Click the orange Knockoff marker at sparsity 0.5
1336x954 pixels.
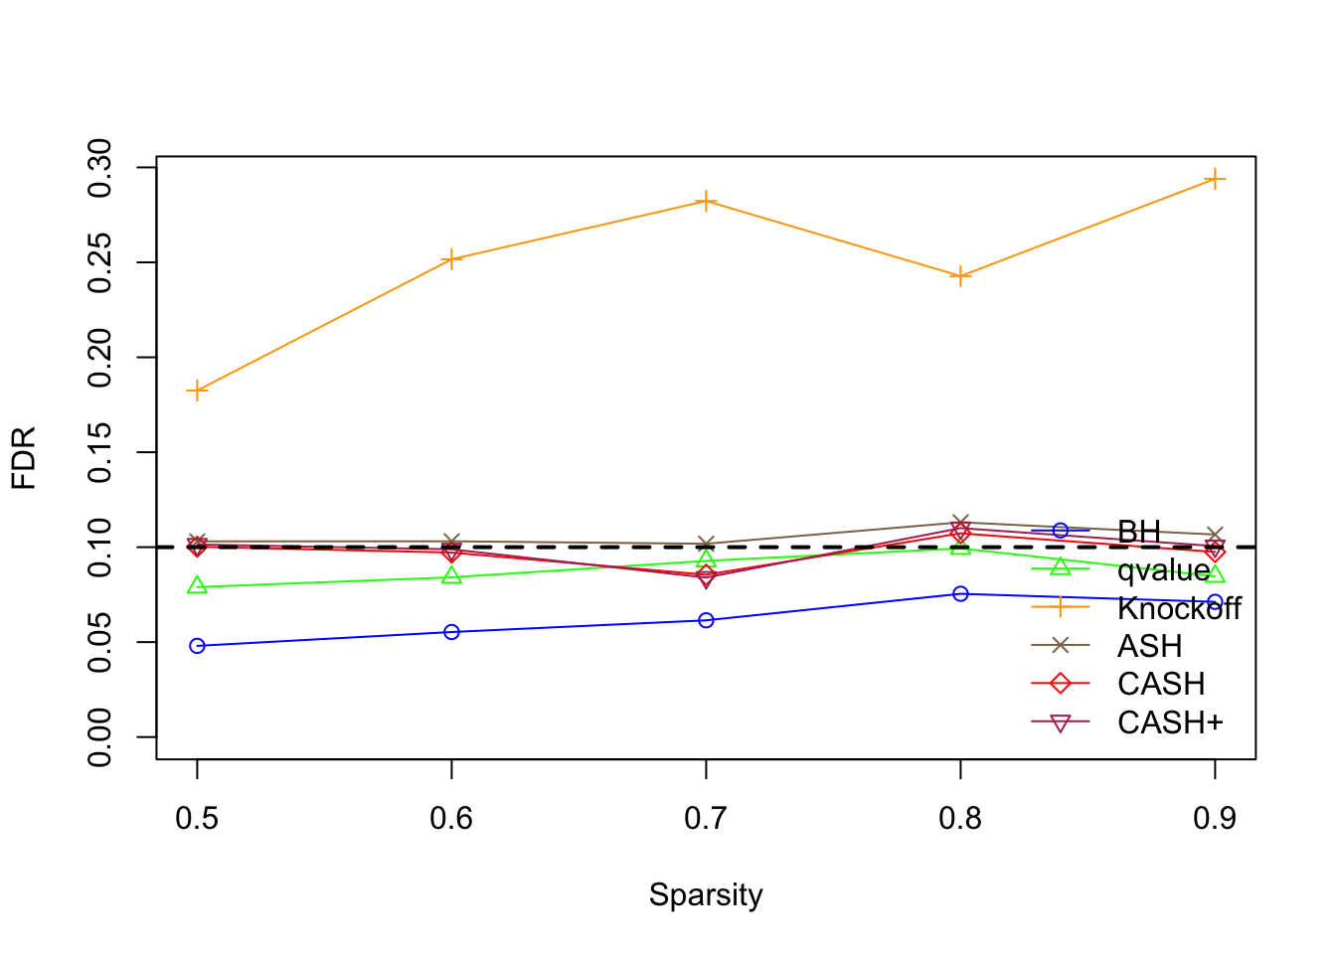(197, 391)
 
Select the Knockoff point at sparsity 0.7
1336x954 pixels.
(706, 202)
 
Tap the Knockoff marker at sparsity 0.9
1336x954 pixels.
(1215, 179)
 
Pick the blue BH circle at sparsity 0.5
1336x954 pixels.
(197, 646)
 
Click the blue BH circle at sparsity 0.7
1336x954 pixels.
(706, 620)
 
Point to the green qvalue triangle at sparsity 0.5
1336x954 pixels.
(197, 586)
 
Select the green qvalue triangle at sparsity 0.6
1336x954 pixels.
(451, 576)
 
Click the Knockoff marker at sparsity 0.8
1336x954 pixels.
(960, 276)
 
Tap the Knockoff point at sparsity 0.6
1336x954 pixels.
(451, 259)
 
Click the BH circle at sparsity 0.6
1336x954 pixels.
(451, 632)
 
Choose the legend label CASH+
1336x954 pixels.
(1170, 722)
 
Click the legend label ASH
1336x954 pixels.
(1150, 646)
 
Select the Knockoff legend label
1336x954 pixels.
(1179, 608)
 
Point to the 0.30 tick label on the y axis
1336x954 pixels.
(99, 168)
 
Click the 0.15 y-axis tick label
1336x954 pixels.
(99, 452)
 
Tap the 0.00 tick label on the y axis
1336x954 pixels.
(99, 736)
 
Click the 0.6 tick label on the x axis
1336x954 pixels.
(451, 818)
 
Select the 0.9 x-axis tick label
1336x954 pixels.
(1215, 818)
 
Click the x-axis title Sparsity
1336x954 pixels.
(706, 894)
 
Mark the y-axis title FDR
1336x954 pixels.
(24, 458)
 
